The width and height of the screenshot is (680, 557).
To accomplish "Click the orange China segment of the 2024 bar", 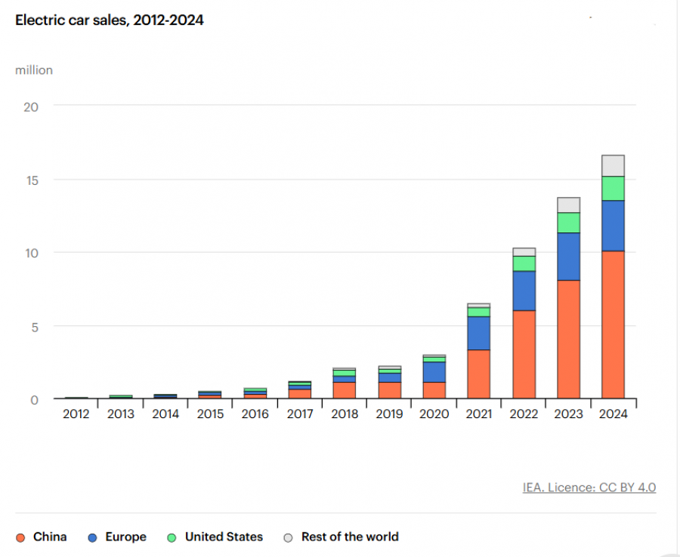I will point(613,325).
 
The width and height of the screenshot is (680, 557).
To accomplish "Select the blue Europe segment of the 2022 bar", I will point(524,291).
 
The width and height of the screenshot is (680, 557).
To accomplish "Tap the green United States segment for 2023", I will point(568,223).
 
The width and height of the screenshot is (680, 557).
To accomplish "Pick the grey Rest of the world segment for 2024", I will point(613,165).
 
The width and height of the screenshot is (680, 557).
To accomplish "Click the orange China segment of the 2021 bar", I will point(479,374).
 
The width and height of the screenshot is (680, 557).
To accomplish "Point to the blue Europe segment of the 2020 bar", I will point(434,372).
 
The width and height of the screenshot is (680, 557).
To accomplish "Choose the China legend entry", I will point(42,537).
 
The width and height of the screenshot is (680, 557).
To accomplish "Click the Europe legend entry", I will point(117,537).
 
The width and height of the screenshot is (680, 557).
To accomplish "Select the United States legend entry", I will point(215,537).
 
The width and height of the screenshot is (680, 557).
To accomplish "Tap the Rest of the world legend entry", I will point(341,537).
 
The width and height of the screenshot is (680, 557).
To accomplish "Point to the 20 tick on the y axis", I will point(31,106).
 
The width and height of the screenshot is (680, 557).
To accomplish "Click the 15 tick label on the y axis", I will point(31,180).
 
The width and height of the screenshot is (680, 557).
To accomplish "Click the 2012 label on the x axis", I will point(76,414).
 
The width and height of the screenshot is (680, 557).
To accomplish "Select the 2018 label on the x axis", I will point(345,414).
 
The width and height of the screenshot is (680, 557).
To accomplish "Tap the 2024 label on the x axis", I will point(613,414).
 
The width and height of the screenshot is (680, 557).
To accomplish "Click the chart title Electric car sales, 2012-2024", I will point(110,20).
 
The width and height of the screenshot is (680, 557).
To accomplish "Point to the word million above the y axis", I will point(34,70).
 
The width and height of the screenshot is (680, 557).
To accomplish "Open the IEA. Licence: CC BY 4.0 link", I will point(589,488).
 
